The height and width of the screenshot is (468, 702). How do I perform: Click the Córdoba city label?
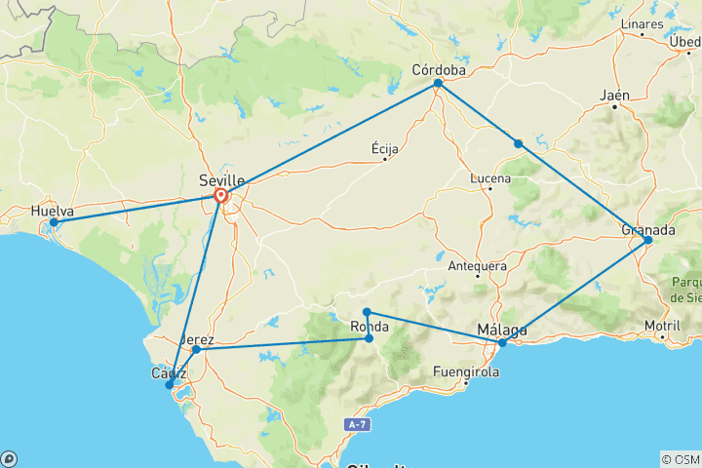(x=439, y=69)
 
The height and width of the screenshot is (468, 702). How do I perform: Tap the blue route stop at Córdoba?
(x=438, y=84)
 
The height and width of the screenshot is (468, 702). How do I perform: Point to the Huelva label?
(x=52, y=210)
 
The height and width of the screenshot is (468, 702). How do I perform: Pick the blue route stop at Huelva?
(x=54, y=223)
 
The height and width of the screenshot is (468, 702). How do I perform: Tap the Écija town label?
(x=385, y=148)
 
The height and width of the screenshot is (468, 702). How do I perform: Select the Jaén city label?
(x=615, y=95)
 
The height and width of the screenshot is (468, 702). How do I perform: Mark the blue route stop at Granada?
(x=647, y=240)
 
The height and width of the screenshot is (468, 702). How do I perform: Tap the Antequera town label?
(x=477, y=265)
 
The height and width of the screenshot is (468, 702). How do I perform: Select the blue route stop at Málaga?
(x=502, y=342)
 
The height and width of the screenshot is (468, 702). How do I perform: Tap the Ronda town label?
(x=370, y=327)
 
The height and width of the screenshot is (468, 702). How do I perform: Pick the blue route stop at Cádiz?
(x=170, y=385)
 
